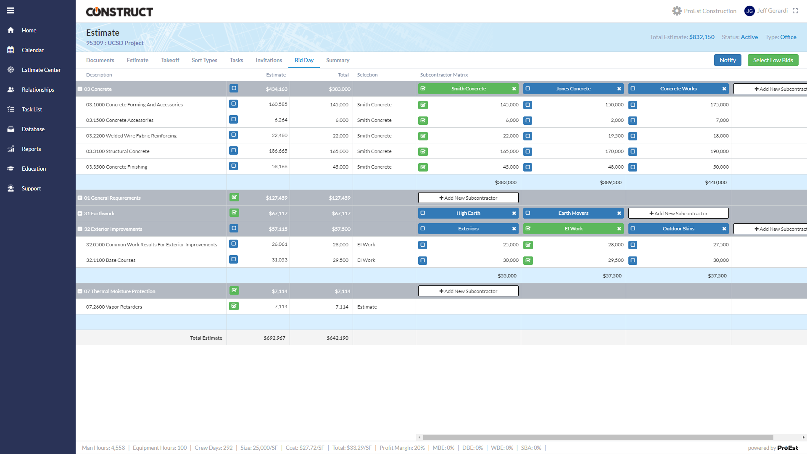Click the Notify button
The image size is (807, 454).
(x=727, y=60)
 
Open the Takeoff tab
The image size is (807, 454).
(x=170, y=60)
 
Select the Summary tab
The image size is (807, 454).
(x=338, y=60)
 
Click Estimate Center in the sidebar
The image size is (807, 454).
(x=41, y=70)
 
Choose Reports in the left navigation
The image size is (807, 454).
(x=31, y=149)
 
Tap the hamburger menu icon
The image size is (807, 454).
(x=11, y=11)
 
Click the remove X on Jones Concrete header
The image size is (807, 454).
(x=619, y=89)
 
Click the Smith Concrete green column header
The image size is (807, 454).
(x=468, y=89)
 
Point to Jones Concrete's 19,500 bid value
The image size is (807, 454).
(x=616, y=136)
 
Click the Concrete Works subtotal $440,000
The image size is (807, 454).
(x=715, y=182)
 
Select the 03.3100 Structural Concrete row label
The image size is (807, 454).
(x=118, y=151)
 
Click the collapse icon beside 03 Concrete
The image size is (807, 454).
(x=80, y=89)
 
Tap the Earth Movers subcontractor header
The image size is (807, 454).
(x=573, y=213)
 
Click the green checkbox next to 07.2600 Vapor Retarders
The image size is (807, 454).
(x=234, y=306)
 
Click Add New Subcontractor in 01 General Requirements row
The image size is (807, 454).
(x=468, y=198)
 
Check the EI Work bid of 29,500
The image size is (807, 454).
(x=528, y=261)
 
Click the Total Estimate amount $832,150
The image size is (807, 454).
(x=702, y=37)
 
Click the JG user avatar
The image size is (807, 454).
(x=749, y=11)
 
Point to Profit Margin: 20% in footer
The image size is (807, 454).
(x=402, y=448)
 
